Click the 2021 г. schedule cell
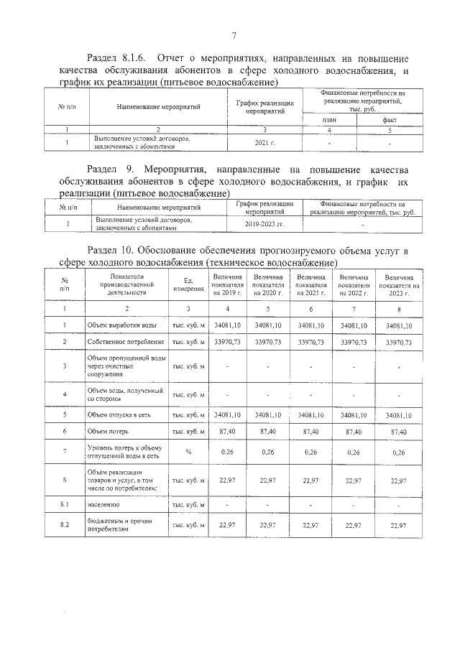[265, 143]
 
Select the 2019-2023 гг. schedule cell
[265, 224]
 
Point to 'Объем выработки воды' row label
[117, 325]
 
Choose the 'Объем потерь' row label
[108, 431]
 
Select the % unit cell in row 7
[188, 452]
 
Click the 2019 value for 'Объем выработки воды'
[227, 325]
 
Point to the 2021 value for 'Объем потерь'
[311, 431]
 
